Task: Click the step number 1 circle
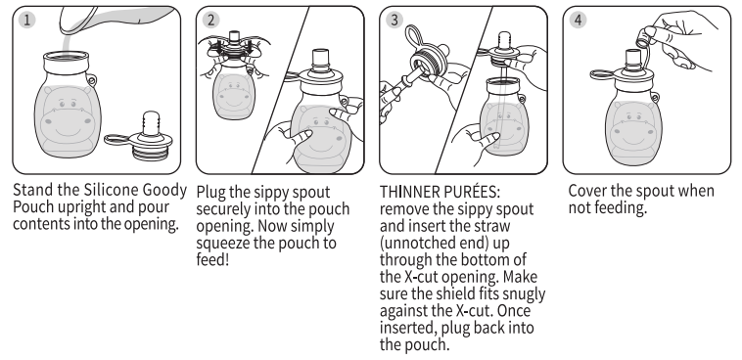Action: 27,20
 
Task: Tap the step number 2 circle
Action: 211,20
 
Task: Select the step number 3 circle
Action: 394,20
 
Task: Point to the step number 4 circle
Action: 578,20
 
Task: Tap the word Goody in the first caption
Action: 167,191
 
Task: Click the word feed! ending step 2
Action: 212,259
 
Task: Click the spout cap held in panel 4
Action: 642,38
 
